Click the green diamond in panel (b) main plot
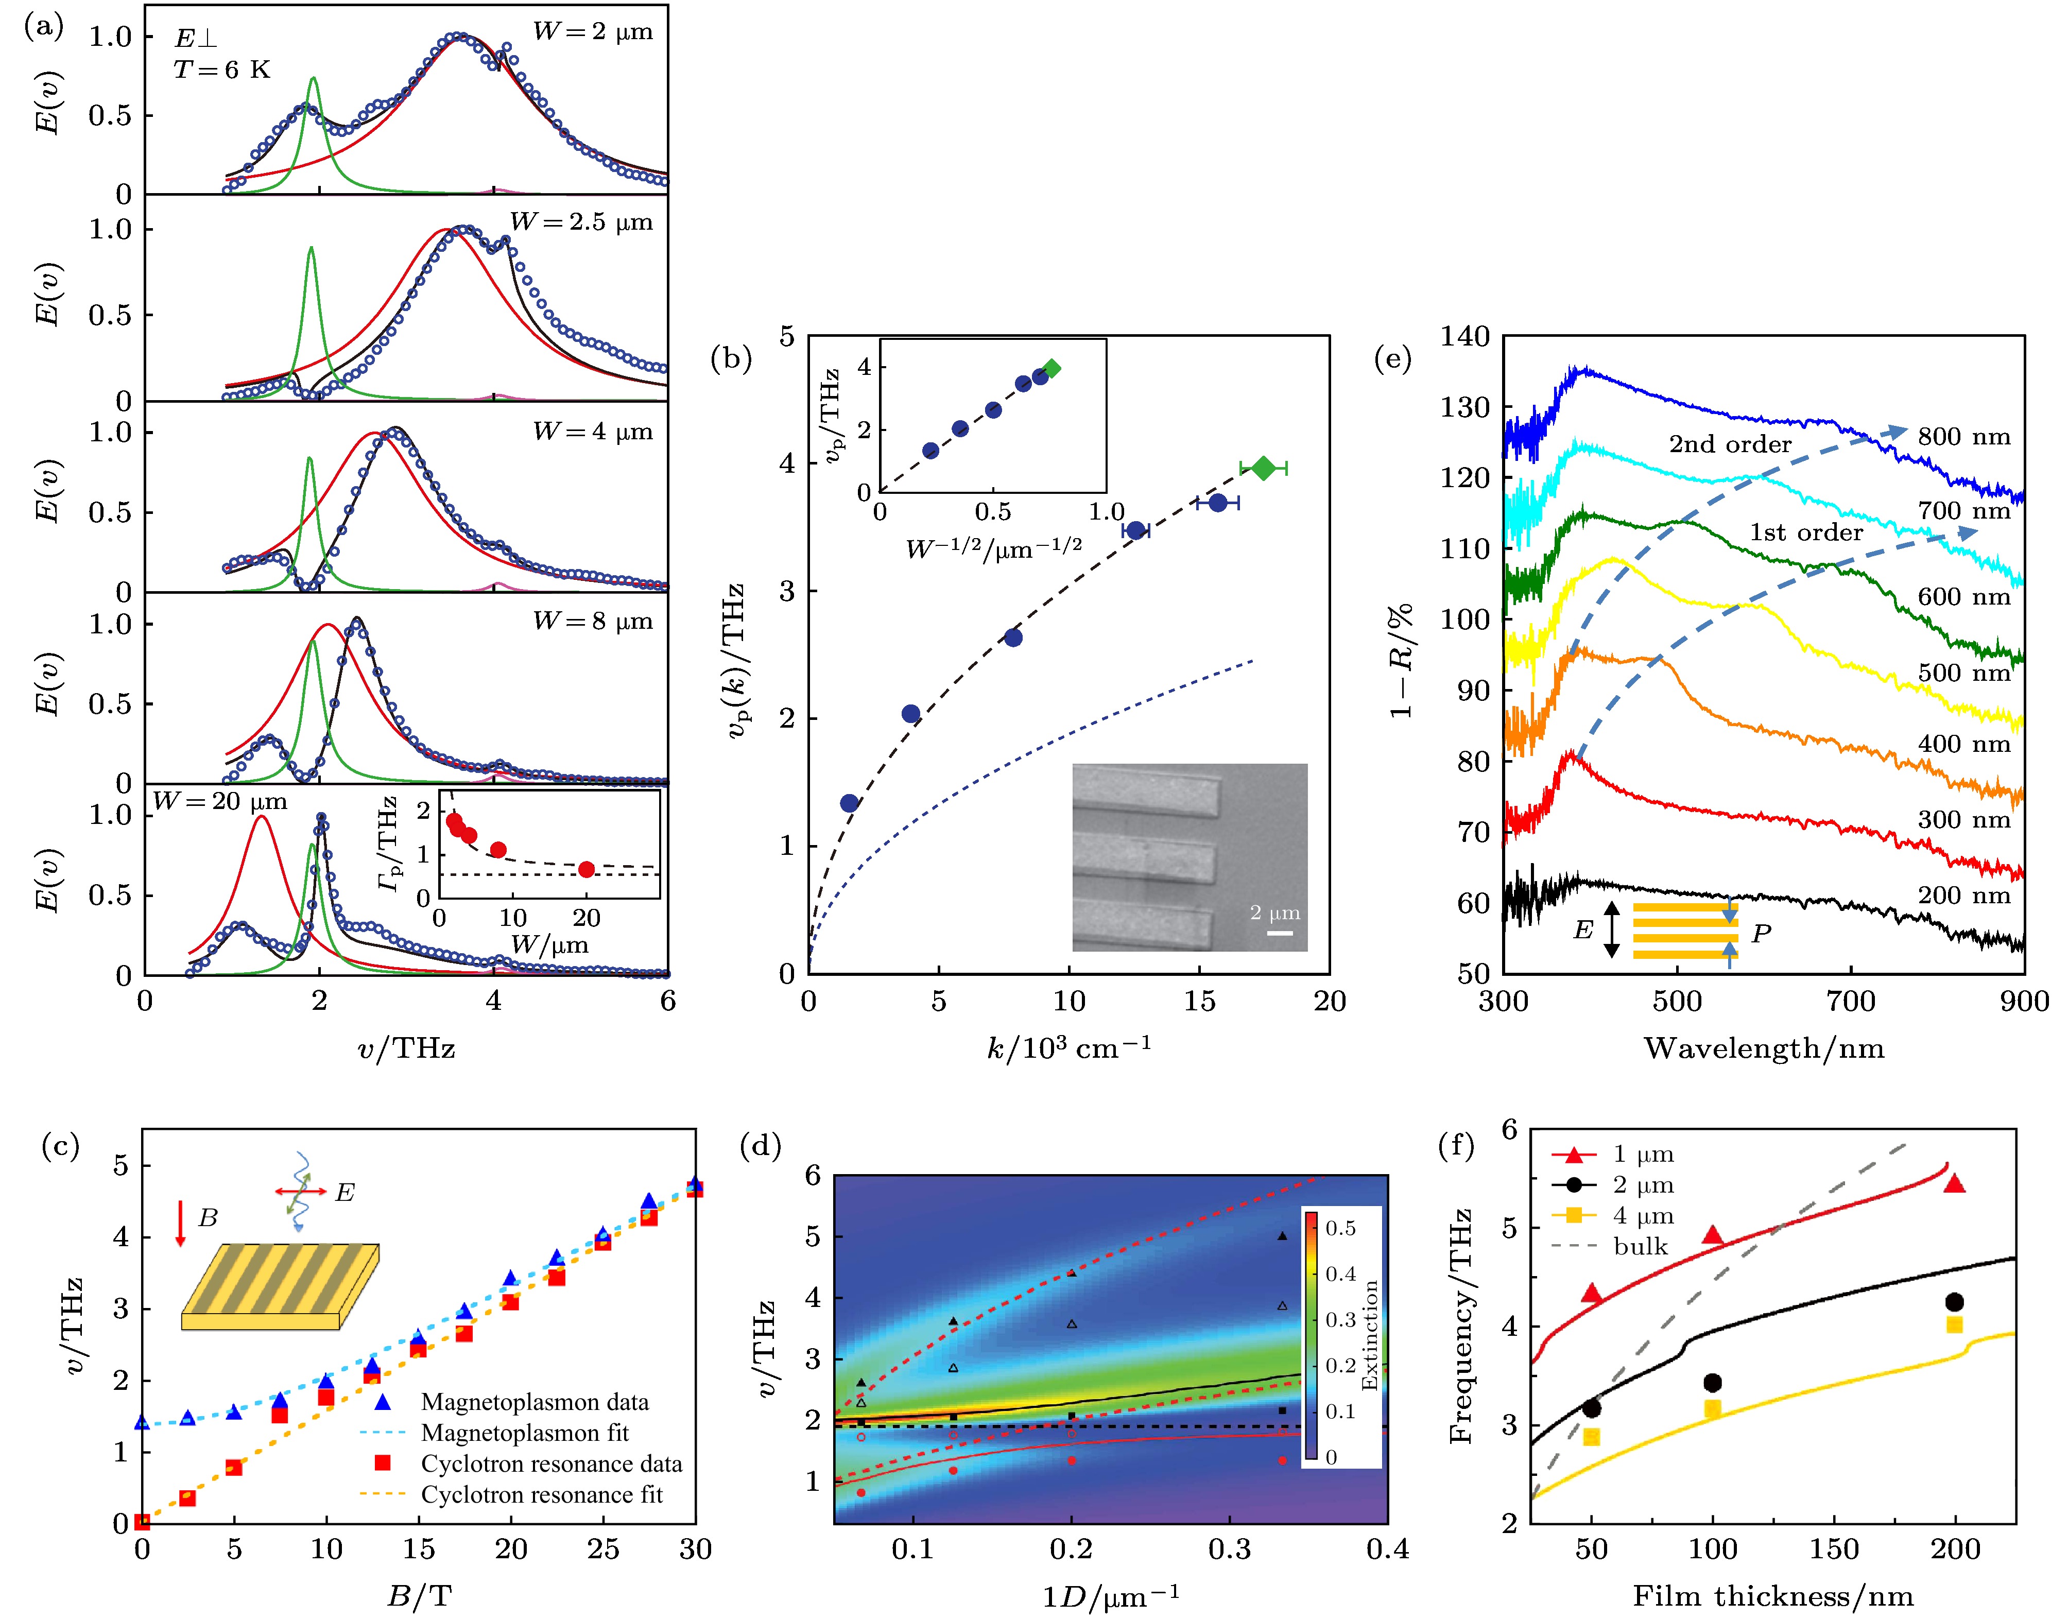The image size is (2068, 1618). tap(1263, 468)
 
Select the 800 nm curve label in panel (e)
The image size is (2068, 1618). tap(1964, 437)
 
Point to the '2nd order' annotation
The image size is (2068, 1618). tap(1730, 444)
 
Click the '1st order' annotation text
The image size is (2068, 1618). tap(1805, 532)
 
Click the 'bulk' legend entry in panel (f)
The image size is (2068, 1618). tap(1641, 1247)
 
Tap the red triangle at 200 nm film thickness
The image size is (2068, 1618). tap(1953, 1183)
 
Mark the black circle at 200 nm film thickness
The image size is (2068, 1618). tap(1953, 1302)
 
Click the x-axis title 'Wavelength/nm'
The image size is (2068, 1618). tap(1763, 1048)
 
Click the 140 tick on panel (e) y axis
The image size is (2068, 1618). tap(1464, 336)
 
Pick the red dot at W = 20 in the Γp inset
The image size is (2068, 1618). tap(587, 869)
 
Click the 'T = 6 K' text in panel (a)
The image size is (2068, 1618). tap(221, 70)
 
